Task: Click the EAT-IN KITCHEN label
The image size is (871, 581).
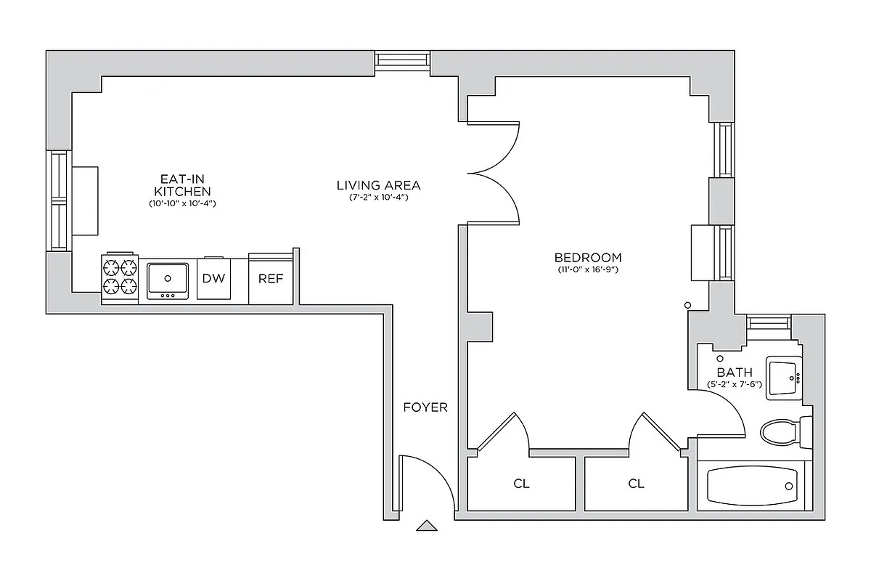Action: click(182, 184)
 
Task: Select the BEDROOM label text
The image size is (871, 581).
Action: click(588, 257)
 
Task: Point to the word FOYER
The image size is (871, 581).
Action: click(425, 407)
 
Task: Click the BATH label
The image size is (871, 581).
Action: click(735, 372)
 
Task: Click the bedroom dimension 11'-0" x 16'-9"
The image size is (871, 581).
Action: click(588, 270)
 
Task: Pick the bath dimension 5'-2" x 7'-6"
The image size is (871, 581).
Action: click(735, 384)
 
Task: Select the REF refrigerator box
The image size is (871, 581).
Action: click(270, 279)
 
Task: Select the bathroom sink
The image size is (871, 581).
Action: click(784, 377)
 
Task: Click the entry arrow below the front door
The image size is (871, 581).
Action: click(428, 527)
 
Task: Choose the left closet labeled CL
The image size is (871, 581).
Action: click(521, 484)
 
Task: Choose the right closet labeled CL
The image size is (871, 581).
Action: click(636, 484)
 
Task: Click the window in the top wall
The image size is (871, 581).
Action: click(402, 62)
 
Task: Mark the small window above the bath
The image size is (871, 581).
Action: click(769, 322)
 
